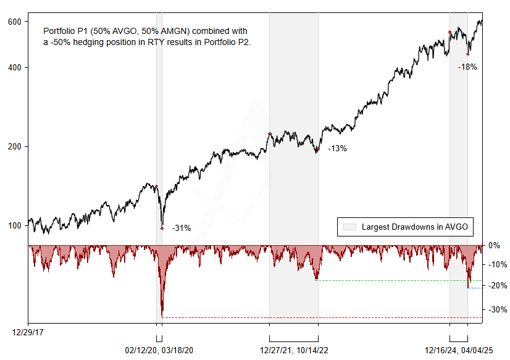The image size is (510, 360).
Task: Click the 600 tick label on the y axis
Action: point(15,22)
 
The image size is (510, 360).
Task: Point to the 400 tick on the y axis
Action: point(15,67)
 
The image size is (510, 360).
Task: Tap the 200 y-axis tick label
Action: point(15,147)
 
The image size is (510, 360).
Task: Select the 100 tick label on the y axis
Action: point(15,226)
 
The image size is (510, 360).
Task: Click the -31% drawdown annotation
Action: point(181,228)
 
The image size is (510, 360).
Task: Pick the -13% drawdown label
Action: point(337,149)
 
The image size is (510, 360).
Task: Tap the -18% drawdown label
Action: point(467,67)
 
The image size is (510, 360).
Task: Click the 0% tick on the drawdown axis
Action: point(495,246)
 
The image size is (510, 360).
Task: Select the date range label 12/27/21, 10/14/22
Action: point(294,350)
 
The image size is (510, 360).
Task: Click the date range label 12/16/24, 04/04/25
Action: point(458,350)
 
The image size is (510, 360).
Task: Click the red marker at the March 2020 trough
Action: point(162,228)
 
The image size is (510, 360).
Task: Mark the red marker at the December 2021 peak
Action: point(270,133)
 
